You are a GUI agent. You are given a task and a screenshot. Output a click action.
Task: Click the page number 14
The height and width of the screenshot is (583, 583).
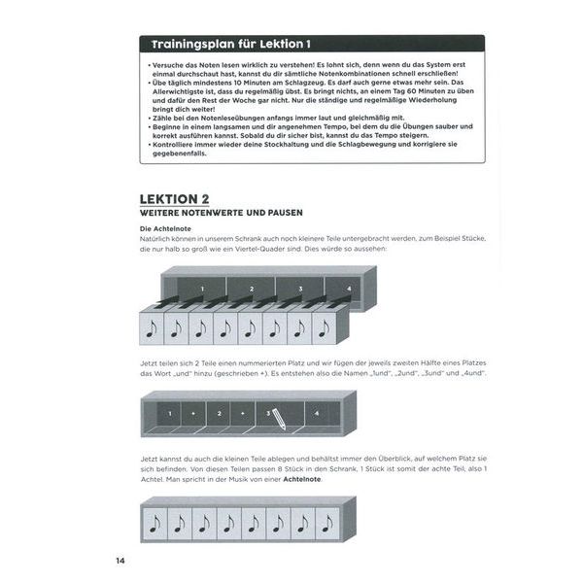tap(120, 560)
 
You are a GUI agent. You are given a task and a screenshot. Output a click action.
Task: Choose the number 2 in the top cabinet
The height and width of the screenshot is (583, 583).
tap(250, 289)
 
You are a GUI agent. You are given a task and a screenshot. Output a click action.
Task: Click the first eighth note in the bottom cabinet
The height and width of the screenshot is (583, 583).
tap(156, 525)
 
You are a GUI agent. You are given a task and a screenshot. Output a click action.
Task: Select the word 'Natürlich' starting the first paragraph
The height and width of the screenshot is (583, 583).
tap(156, 239)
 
